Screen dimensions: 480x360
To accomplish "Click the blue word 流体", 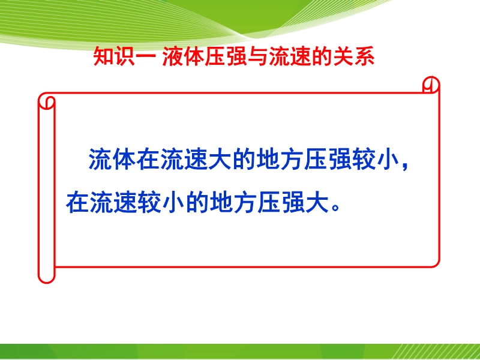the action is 112,160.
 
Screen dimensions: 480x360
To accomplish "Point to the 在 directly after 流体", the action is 149,160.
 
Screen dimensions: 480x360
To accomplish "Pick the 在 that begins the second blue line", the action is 77,202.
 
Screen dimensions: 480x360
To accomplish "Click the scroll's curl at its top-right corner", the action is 431,84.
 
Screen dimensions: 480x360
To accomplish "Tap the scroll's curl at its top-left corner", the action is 47,102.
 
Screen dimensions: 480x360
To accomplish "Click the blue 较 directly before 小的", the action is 149,202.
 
